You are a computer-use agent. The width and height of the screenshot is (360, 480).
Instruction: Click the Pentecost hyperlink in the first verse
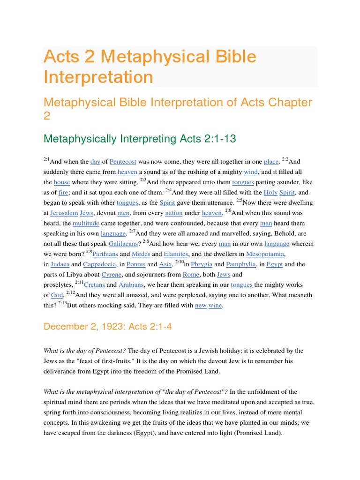(123, 162)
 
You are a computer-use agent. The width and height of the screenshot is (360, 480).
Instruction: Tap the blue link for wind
(238, 172)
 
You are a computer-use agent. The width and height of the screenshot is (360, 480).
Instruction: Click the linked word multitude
(86, 223)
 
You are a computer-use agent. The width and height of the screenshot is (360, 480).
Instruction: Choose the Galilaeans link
(123, 244)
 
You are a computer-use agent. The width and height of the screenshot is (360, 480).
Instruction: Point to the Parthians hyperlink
(105, 254)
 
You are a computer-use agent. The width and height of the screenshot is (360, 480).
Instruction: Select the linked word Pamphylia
(242, 264)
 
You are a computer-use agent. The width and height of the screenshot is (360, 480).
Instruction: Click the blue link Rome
(191, 275)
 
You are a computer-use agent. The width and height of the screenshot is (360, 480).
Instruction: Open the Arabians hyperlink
(131, 285)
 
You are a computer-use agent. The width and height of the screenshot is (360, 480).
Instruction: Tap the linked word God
(56, 295)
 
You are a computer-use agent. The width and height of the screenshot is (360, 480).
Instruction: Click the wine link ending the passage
(216, 306)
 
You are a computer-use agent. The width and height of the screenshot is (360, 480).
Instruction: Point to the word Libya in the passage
(72, 275)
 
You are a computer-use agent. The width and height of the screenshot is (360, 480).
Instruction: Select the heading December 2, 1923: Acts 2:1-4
(108, 327)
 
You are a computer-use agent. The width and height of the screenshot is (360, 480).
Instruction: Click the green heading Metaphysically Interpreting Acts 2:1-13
(139, 139)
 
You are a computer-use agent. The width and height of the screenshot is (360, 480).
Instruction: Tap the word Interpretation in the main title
(98, 77)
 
